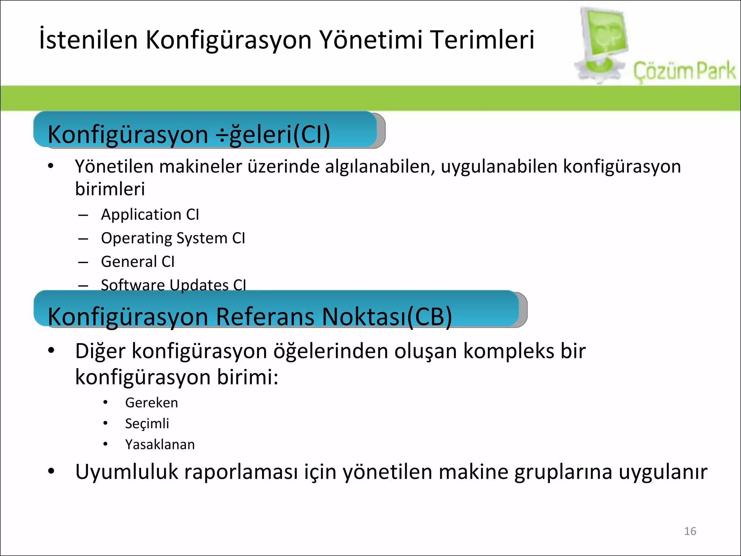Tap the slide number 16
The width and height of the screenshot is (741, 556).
point(690,531)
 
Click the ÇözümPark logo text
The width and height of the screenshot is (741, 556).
point(684,71)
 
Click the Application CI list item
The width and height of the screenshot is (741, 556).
point(150,215)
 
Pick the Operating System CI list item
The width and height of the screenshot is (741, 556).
point(173,238)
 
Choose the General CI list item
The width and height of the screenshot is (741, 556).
point(137,262)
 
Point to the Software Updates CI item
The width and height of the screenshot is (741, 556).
point(173,285)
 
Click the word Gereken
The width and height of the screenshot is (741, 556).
point(151,403)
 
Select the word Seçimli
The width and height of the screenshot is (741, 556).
point(147,424)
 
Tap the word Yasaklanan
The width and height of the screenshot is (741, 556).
point(160,445)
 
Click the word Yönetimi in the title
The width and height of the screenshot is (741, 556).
point(371,39)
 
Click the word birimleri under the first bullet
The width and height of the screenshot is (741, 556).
point(110,189)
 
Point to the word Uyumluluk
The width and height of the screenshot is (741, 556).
point(127,472)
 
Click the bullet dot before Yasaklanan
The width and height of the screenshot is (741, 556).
point(105,444)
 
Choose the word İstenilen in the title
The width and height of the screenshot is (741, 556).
point(88,39)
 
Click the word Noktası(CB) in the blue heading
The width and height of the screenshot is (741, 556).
point(387,317)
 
